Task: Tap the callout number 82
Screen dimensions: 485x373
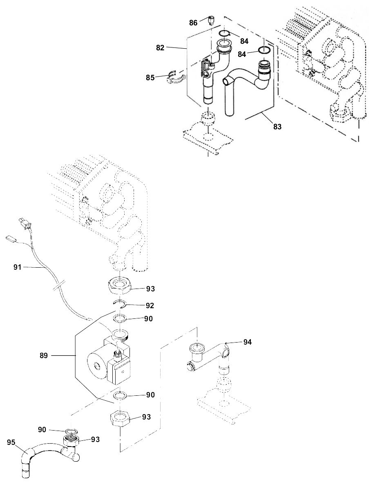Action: tap(160, 48)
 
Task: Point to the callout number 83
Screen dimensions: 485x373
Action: tap(277, 127)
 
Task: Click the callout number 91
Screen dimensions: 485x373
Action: tap(18, 267)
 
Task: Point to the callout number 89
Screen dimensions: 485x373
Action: tap(44, 356)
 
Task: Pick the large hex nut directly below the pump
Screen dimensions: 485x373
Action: tap(121, 419)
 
